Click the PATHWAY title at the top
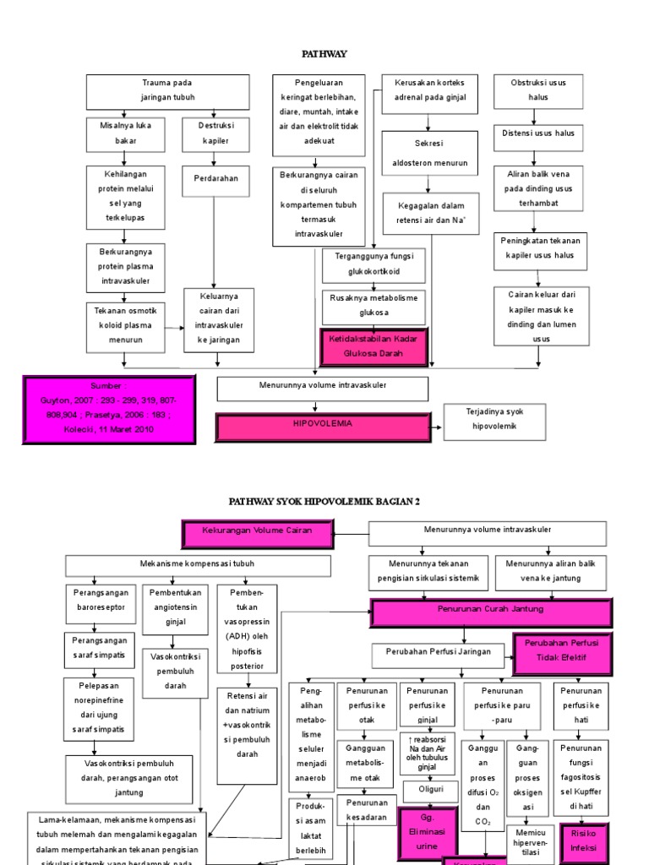point(324,53)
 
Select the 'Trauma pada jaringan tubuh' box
point(166,91)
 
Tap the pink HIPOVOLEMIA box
point(322,427)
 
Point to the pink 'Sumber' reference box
point(110,409)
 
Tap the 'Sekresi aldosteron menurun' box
point(431,153)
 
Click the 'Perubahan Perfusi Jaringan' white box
point(437,654)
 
